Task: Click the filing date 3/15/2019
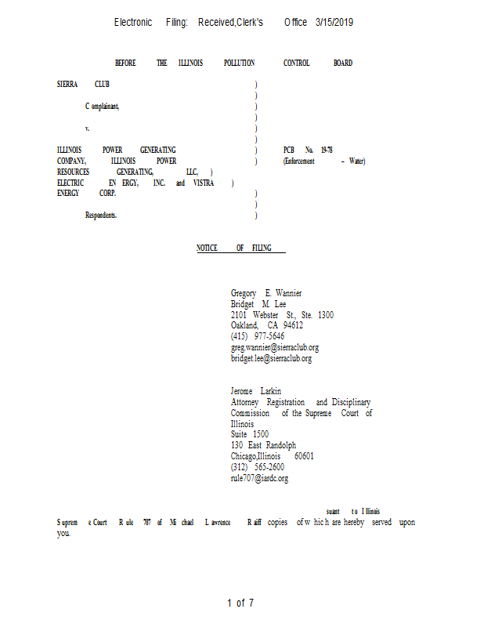[334, 23]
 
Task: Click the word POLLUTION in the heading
[239, 63]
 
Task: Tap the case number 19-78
[327, 150]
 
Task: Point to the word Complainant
[103, 106]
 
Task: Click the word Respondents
[101, 216]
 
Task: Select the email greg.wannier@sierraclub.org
[274, 347]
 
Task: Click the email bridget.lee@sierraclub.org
[271, 358]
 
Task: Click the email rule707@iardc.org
[259, 478]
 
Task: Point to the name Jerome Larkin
[256, 391]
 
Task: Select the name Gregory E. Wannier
[266, 293]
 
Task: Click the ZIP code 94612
[293, 325]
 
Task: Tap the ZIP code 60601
[304, 456]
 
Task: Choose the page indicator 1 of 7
[240, 603]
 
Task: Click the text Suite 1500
[250, 434]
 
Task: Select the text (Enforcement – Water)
[324, 161]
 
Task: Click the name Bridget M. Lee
[258, 304]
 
